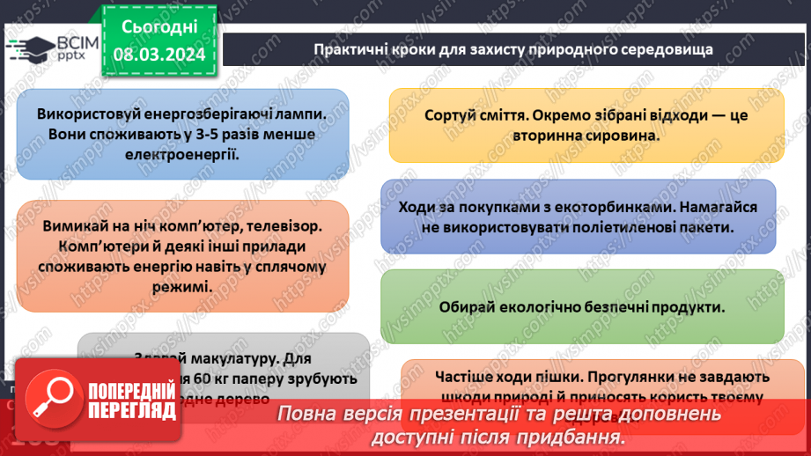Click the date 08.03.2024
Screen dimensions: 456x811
(x=159, y=54)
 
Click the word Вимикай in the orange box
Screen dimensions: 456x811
(x=70, y=226)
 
